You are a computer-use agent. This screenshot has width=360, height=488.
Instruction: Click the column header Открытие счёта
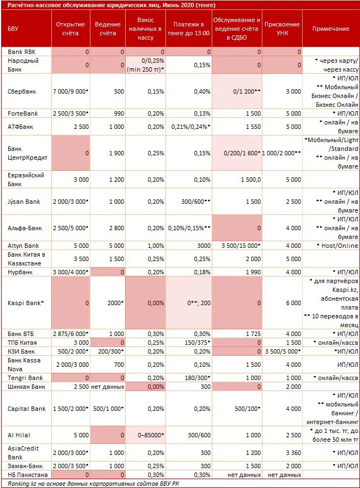tap(71, 29)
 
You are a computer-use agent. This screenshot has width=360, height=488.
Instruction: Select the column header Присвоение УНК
tap(282, 29)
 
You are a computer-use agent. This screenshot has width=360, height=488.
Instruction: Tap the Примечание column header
tap(331, 29)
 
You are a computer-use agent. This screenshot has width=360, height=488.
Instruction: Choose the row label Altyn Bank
tap(23, 246)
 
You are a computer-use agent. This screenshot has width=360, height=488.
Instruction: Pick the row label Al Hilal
tap(18, 435)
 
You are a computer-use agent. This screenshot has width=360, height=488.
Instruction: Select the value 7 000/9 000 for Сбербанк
tap(70, 91)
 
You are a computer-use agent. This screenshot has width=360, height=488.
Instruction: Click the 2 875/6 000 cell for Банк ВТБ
tap(70, 334)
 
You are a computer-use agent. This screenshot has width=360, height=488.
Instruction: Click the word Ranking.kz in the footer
tap(23, 484)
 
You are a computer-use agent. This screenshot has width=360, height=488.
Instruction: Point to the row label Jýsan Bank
tap(24, 202)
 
